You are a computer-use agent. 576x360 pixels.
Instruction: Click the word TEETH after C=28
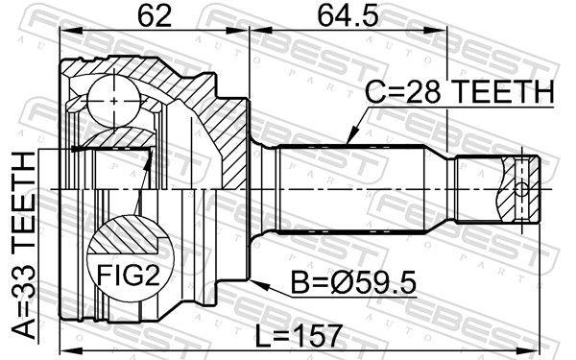pos(503,92)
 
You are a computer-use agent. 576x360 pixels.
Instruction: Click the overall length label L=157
pos(300,335)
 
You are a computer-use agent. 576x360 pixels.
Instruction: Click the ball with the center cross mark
pos(114,99)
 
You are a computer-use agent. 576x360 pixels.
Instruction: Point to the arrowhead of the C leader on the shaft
pos(347,142)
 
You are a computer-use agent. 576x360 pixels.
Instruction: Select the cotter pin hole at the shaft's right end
pos(520,189)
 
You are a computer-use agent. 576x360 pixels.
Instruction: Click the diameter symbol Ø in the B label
pos(323,284)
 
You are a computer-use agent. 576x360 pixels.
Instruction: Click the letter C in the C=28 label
pos(375,92)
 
